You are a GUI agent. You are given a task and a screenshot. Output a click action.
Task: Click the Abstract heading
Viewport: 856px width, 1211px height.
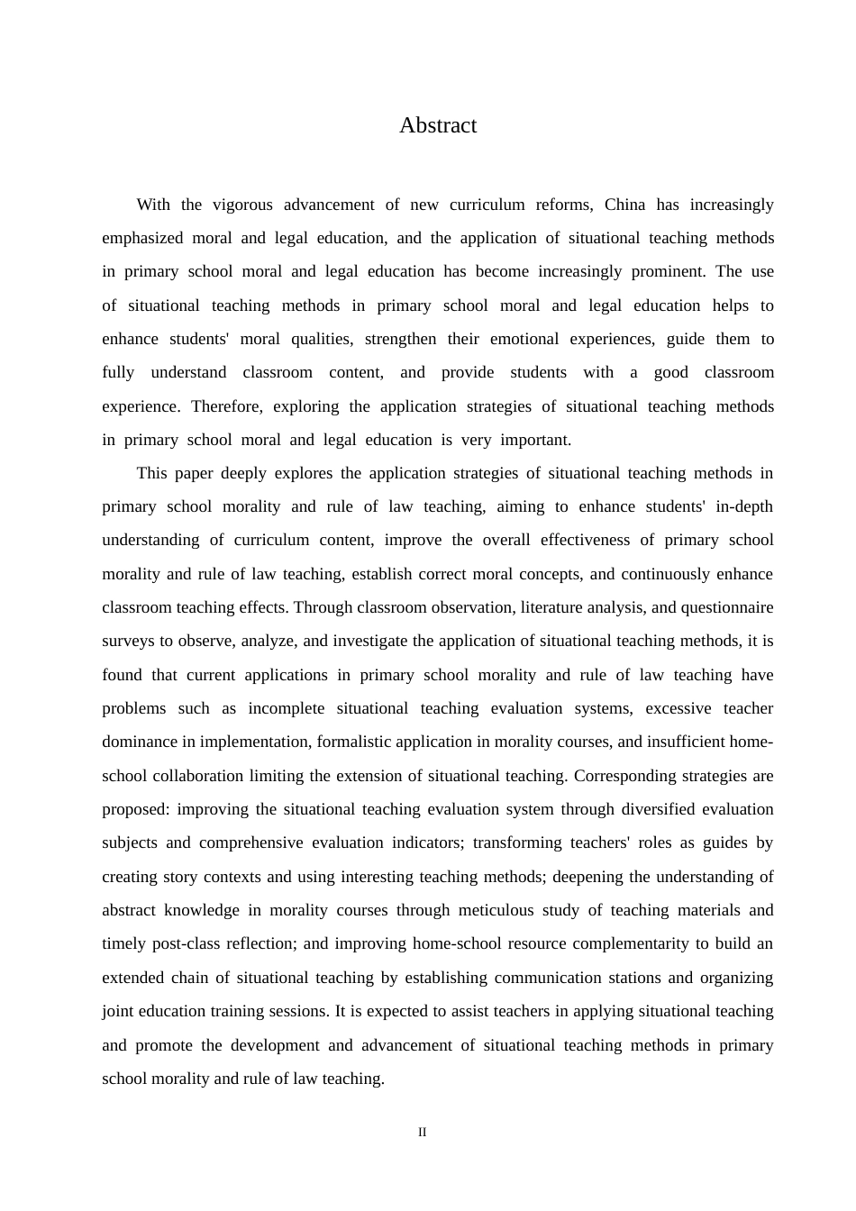(438, 125)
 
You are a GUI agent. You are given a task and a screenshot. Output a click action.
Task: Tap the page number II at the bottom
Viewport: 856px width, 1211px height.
(422, 1133)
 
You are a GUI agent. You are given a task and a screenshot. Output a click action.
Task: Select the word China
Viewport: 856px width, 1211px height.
(624, 205)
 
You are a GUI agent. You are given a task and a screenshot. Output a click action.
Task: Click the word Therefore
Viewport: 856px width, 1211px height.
(224, 406)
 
